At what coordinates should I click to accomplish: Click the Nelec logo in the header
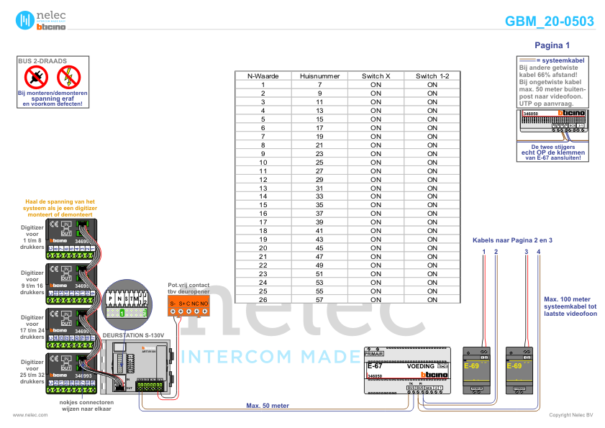41,20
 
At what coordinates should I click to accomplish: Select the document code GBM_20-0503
550,22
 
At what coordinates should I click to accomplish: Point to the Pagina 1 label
552,45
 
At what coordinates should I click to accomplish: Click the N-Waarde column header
263,76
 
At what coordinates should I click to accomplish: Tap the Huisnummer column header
319,76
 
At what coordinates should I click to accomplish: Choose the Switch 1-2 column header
432,76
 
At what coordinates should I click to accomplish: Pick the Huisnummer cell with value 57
319,299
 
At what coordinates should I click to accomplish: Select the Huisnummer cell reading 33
319,196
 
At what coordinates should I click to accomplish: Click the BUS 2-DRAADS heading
42,62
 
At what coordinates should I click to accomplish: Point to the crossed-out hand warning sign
34,76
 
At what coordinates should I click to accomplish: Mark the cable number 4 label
539,251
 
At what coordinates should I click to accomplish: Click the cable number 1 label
484,251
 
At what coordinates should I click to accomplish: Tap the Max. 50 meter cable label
267,406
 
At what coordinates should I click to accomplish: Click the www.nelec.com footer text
30,415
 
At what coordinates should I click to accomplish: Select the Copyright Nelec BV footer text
570,415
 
